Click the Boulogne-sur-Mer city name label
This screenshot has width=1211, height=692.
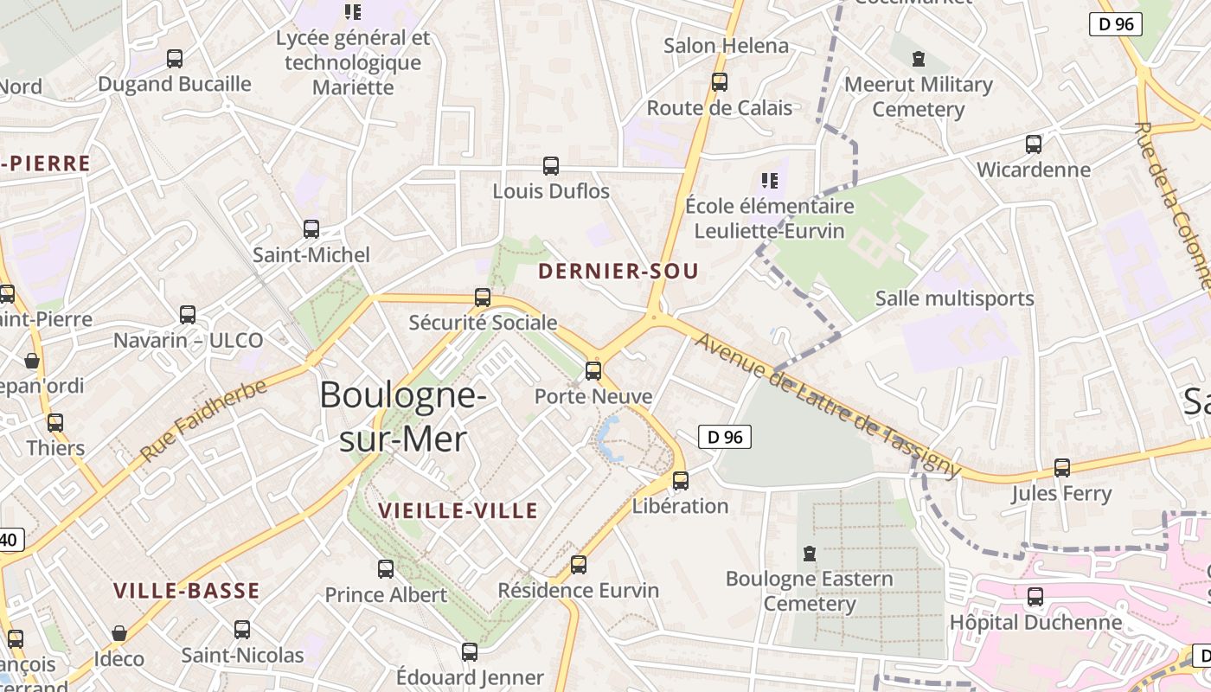401,417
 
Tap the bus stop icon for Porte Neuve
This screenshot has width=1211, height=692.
593,371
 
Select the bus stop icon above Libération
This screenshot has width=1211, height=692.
681,481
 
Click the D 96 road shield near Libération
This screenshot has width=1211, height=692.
724,437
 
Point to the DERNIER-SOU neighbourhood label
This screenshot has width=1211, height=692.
618,272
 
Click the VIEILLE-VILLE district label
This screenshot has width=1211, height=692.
458,511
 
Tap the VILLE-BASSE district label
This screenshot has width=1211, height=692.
187,592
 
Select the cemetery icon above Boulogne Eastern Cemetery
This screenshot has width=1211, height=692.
810,553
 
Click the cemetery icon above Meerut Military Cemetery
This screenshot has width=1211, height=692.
918,59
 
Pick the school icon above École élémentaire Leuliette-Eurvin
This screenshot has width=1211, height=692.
769,181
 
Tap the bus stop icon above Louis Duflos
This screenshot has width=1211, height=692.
551,166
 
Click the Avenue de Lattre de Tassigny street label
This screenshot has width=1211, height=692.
828,405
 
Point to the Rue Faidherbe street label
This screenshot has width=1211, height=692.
203,420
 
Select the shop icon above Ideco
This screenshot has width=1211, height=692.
119,634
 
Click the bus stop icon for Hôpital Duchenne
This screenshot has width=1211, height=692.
1035,597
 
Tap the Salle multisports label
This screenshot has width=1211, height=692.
954,299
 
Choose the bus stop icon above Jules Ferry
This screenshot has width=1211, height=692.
1061,468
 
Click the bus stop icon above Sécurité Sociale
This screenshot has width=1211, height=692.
483,298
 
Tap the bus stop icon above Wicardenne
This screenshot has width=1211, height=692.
1033,144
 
